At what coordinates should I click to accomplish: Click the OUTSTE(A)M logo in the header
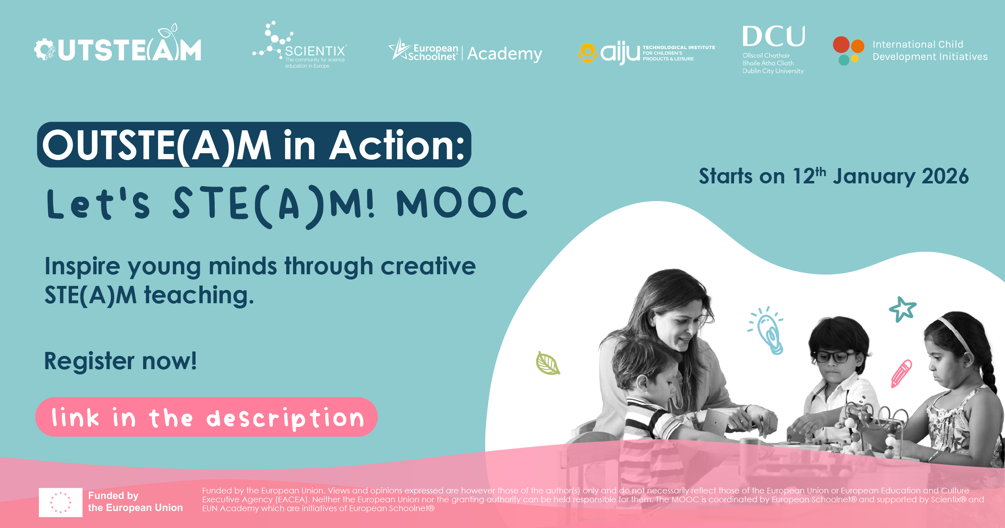pyautogui.click(x=117, y=44)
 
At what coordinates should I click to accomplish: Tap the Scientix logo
pyautogui.click(x=300, y=45)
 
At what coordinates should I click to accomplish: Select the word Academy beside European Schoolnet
pyautogui.click(x=505, y=54)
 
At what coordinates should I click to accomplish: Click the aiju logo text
pyautogui.click(x=620, y=53)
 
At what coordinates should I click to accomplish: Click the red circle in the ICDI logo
pyautogui.click(x=841, y=45)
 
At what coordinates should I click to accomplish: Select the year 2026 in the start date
pyautogui.click(x=945, y=177)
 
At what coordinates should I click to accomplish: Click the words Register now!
pyautogui.click(x=120, y=361)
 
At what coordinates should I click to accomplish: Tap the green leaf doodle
pyautogui.click(x=548, y=363)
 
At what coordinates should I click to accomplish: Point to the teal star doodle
pyautogui.click(x=902, y=309)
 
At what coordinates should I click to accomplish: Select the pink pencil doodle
pyautogui.click(x=901, y=374)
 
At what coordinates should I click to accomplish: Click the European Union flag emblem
pyautogui.click(x=61, y=502)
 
